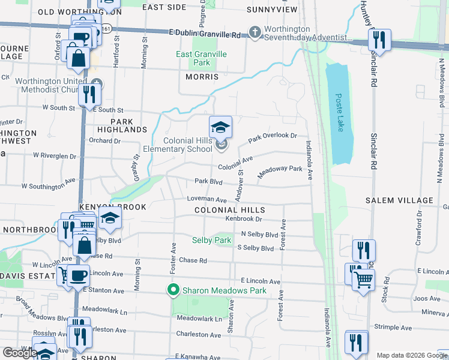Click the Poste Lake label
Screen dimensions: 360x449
point(339,107)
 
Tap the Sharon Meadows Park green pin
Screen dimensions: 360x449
point(174,290)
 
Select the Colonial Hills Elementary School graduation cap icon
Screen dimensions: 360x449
point(220,127)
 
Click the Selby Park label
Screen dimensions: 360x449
point(211,240)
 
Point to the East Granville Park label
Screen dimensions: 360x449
point(202,58)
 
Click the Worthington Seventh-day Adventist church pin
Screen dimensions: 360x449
point(255,32)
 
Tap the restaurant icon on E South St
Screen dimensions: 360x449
point(89,95)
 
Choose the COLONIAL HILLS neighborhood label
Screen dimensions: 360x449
point(229,209)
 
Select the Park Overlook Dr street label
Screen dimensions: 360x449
point(273,136)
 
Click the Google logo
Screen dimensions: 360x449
point(20,353)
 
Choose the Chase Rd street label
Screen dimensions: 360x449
point(193,261)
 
